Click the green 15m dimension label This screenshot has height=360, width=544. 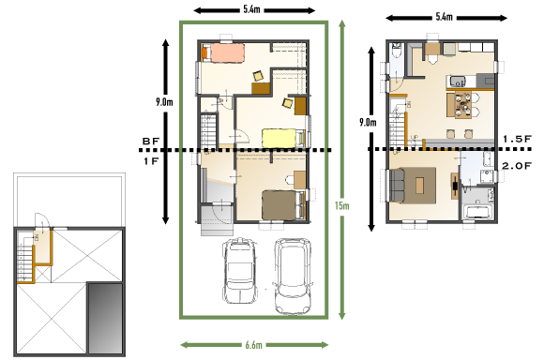click(341, 205)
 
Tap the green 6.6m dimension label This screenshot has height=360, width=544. click(253, 345)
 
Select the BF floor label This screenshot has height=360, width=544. click(151, 142)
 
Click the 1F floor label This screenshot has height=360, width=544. click(151, 161)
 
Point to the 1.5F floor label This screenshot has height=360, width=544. click(518, 139)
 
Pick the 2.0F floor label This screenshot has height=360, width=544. click(517, 166)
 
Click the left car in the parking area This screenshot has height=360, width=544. click(240, 270)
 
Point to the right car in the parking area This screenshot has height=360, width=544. click(293, 276)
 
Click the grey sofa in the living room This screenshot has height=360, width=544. click(397, 186)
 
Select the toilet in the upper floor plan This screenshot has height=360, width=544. click(396, 51)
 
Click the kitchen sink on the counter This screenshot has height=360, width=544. click(458, 82)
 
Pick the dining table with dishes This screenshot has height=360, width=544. click(462, 105)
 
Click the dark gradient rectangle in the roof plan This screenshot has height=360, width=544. click(105, 318)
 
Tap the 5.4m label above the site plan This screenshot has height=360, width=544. click(251, 9)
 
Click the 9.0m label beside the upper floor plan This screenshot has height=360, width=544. click(368, 123)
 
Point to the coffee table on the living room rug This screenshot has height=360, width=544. click(419, 186)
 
